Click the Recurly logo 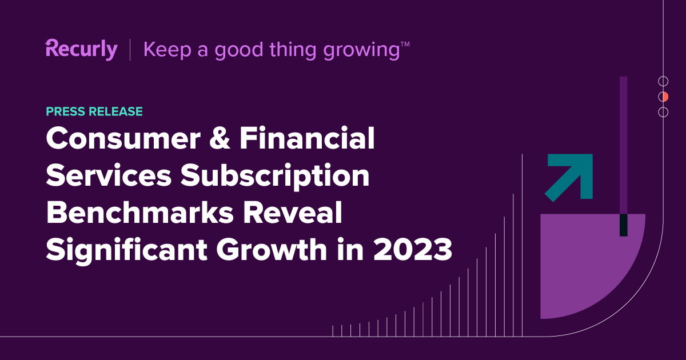[x=81, y=49]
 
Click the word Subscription [x=275, y=177]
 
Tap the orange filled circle [x=663, y=97]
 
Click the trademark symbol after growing [x=405, y=45]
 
